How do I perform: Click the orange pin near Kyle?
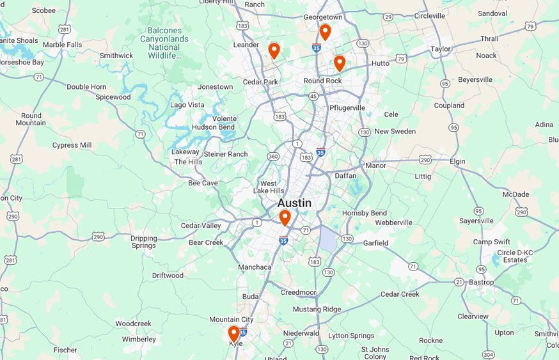click(234, 333)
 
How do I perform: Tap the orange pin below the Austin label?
click(285, 218)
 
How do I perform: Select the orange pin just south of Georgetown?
click(325, 31)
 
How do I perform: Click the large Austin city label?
click(294, 203)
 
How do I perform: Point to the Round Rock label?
click(322, 81)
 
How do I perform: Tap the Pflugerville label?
click(347, 107)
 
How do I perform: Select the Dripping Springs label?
click(143, 242)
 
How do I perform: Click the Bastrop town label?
click(481, 282)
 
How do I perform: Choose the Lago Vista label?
click(187, 104)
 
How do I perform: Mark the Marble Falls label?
click(62, 45)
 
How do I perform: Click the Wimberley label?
click(139, 339)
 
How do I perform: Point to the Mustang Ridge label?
click(317, 309)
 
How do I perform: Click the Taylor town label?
click(441, 49)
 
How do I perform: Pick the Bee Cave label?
click(203, 183)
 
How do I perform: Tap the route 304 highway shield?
click(489, 354)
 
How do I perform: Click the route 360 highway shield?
click(273, 157)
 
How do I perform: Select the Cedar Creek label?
click(400, 294)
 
